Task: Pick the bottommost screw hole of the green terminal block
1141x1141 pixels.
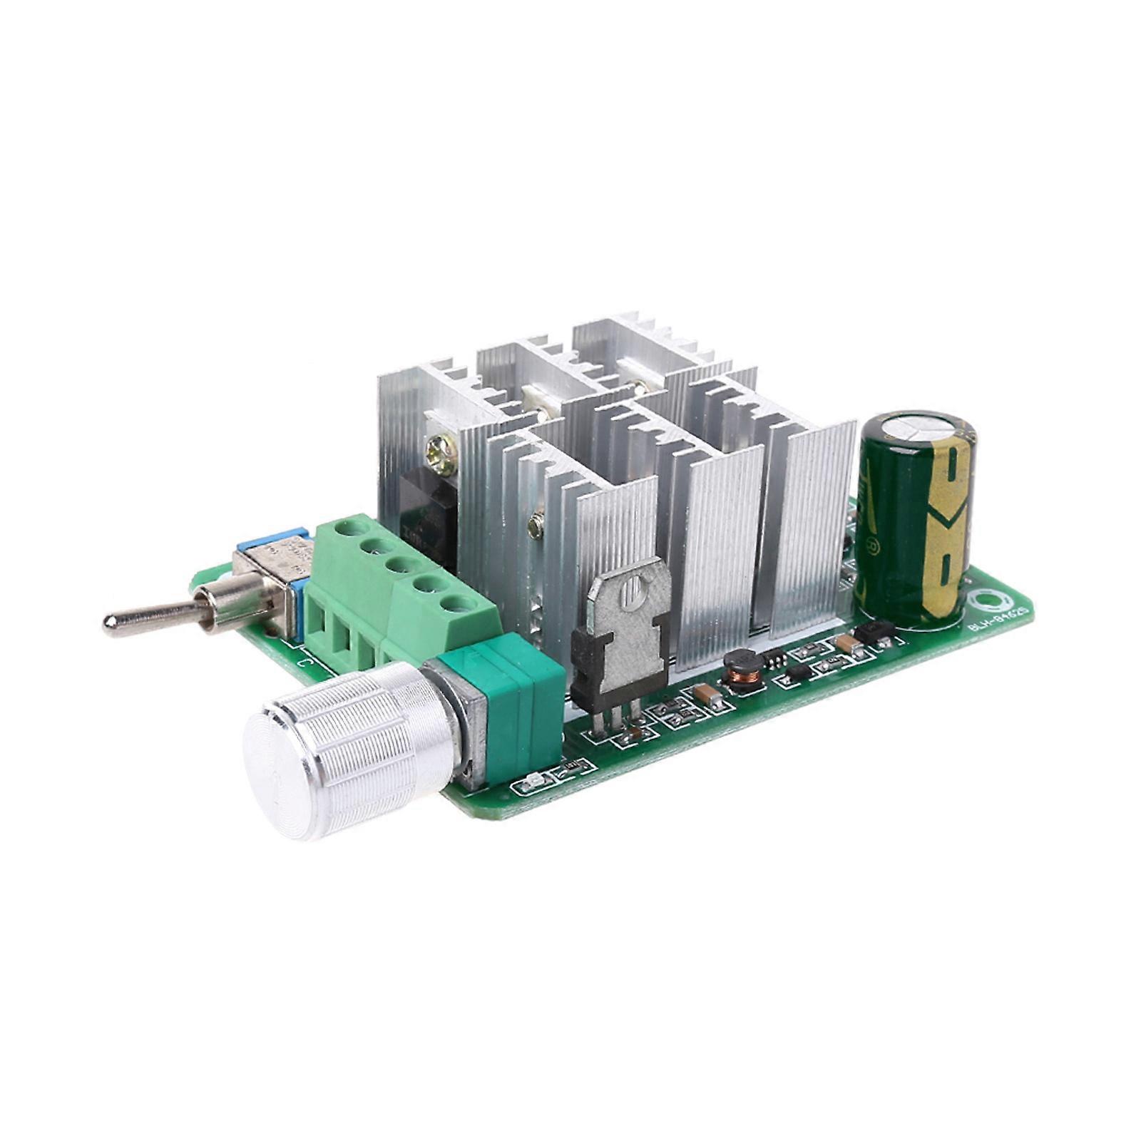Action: coord(461,605)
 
